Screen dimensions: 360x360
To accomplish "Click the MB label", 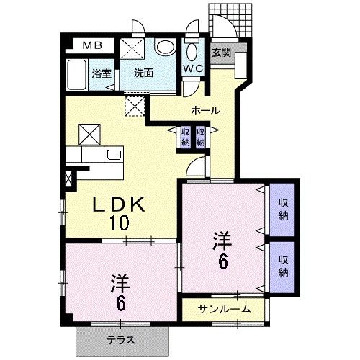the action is [x=92, y=45].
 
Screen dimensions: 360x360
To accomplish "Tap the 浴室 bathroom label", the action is [x=102, y=73].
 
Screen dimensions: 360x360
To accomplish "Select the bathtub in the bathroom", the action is [x=76, y=75].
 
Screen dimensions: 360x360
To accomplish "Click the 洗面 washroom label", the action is [x=143, y=73].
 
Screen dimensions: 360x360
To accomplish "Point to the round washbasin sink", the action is [x=166, y=47].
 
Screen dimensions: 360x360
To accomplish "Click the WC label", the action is [x=194, y=68].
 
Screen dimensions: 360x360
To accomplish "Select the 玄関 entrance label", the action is [x=221, y=53].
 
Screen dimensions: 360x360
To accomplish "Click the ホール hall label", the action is [x=205, y=111].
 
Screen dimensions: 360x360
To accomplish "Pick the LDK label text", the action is [x=119, y=204].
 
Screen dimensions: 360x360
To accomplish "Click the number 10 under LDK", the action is [x=120, y=222].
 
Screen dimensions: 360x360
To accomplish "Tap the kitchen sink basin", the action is [x=114, y=155].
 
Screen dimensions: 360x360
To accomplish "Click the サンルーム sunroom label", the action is [x=224, y=310].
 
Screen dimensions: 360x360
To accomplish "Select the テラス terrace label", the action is [x=121, y=341].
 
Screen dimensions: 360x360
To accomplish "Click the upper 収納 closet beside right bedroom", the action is [x=283, y=210].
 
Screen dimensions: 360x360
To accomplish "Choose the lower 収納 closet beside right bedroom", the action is [x=283, y=266].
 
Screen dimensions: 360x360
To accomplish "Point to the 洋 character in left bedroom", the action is [x=120, y=284].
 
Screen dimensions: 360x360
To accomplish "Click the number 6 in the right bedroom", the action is [x=222, y=261].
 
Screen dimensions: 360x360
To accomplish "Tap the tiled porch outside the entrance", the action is [x=230, y=20].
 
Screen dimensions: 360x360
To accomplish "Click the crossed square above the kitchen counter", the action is [x=89, y=135].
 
